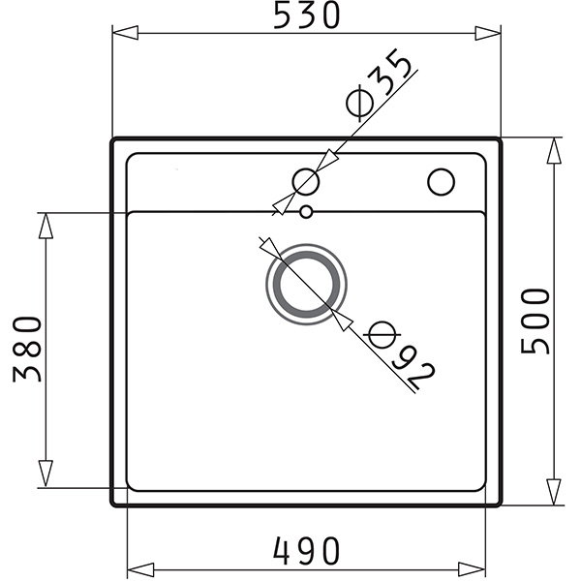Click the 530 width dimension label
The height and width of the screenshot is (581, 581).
tap(306, 15)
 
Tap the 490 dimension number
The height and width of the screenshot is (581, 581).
tap(306, 551)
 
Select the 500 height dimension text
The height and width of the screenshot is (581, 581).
tap(535, 321)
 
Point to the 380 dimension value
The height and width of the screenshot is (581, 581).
tap(27, 349)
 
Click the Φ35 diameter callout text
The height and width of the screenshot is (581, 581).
tap(379, 85)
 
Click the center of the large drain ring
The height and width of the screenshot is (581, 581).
tap(306, 284)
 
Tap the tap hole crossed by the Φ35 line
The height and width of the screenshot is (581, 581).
tap(306, 182)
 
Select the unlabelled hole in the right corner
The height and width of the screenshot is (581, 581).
tap(441, 182)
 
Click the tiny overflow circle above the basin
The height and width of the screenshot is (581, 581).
tap(306, 212)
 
